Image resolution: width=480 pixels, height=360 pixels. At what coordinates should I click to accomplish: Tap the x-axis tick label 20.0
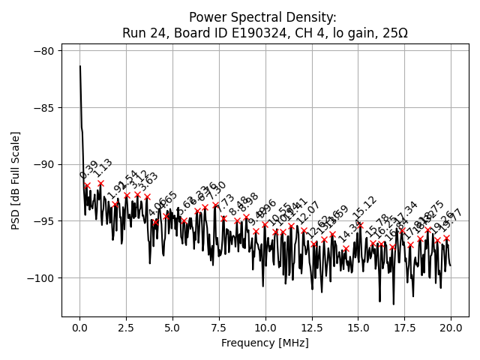pyautogui.click(x=450, y=328)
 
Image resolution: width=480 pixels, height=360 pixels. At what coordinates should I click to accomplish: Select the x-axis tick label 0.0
pyautogui.click(x=79, y=328)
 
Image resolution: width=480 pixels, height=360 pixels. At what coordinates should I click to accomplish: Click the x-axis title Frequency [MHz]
pyautogui.click(x=265, y=343)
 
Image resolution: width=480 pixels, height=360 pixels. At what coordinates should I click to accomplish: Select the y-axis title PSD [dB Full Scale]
pyautogui.click(x=16, y=180)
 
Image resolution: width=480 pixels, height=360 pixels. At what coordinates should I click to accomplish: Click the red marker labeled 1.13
pyautogui.click(x=100, y=183)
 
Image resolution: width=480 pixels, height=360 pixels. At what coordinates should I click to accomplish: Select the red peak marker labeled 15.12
pyautogui.click(x=360, y=225)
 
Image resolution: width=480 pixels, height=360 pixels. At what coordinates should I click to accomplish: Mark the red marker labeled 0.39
pyautogui.click(x=87, y=185)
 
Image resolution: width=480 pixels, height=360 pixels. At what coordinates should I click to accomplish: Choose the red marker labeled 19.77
pyautogui.click(x=446, y=238)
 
